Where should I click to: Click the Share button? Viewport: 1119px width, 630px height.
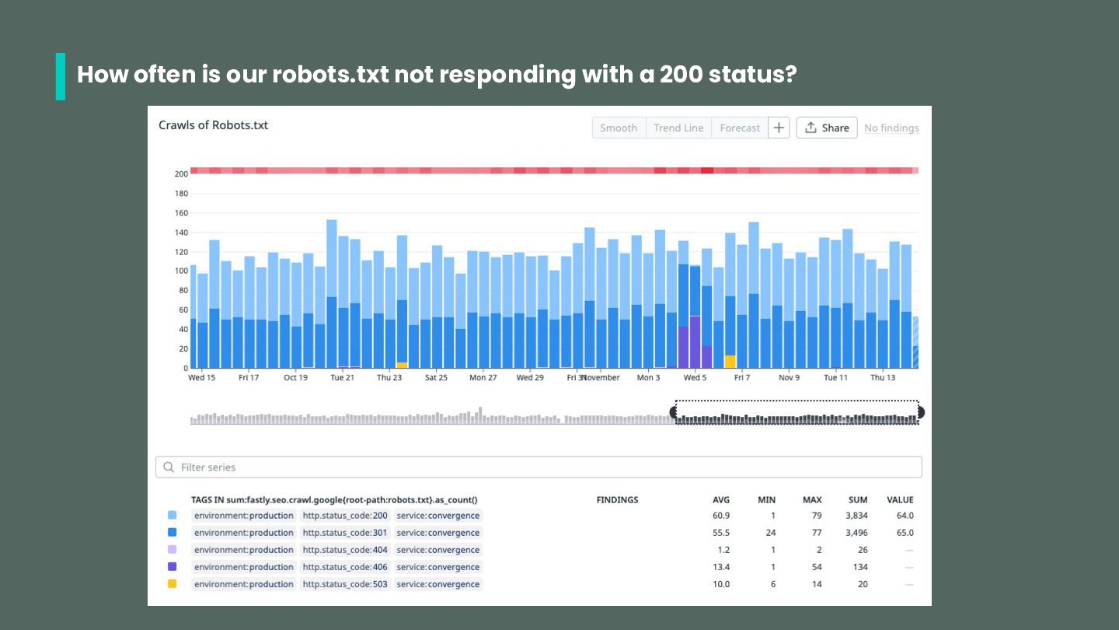pos(827,128)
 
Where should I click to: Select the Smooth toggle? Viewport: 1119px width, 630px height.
pos(619,128)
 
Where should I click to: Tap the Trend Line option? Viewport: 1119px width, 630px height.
pos(678,128)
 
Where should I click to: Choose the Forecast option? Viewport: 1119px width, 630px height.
pos(740,128)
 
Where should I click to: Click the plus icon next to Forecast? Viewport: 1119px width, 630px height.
pos(779,128)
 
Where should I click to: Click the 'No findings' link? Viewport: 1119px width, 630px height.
pos(891,128)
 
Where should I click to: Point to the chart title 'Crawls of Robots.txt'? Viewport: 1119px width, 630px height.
pos(213,125)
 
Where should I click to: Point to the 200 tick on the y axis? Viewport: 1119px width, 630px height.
pos(182,173)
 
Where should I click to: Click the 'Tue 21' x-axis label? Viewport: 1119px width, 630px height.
pos(342,377)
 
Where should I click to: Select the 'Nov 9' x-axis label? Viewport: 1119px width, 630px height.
pos(789,377)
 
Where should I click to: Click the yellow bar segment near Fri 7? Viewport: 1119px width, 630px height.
pos(730,361)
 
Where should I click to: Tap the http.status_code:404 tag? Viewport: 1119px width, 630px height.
pos(345,550)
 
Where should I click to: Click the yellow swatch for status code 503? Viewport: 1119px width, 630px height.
pos(172,584)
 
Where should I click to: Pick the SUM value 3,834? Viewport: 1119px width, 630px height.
pos(856,516)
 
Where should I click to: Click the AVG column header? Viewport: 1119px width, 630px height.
pos(721,500)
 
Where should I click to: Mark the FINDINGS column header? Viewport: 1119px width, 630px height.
pos(617,500)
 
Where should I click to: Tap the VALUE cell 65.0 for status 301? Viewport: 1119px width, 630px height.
pos(905,533)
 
